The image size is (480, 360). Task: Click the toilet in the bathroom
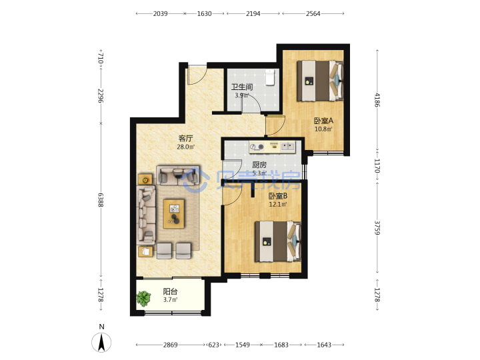[x=270, y=77]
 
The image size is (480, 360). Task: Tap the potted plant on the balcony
[x=143, y=298]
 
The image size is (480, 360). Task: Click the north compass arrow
[x=101, y=342]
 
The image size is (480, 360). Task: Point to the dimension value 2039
[x=161, y=13]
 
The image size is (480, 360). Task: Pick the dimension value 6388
[x=101, y=199]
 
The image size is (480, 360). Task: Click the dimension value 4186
[x=377, y=100]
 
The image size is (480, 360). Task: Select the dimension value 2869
[x=170, y=345]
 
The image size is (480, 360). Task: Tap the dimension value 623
[x=214, y=345]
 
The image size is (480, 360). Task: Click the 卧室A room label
[x=323, y=121]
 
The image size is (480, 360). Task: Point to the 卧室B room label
[x=277, y=196]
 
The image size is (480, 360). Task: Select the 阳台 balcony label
[x=170, y=292]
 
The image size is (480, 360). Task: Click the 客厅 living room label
[x=185, y=139]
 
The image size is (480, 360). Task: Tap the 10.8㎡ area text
[x=323, y=129]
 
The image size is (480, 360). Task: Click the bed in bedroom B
[x=278, y=241]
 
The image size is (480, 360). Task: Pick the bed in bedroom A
[x=320, y=81]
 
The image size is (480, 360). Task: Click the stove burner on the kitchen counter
[x=257, y=147]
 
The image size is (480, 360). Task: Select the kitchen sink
[x=288, y=146]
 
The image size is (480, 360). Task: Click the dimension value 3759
[x=377, y=228]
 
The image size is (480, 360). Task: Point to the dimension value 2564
[x=313, y=13]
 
